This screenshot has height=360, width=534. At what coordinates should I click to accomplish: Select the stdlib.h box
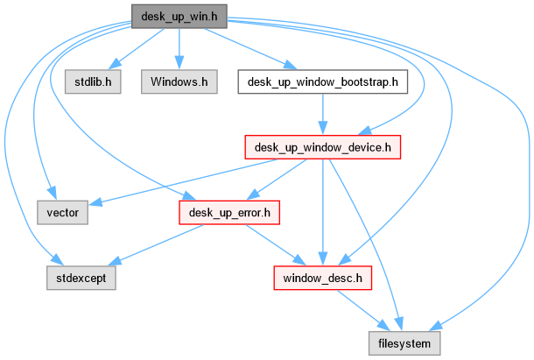pyautogui.click(x=92, y=82)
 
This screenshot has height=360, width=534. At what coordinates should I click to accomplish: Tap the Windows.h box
pyautogui.click(x=179, y=82)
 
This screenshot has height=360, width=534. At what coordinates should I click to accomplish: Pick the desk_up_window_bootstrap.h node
pyautogui.click(x=323, y=82)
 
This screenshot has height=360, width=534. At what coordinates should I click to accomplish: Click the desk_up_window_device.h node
pyautogui.click(x=323, y=147)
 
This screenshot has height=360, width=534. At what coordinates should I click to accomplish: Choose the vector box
pyautogui.click(x=62, y=213)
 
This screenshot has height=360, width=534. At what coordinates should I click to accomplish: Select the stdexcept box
pyautogui.click(x=80, y=279)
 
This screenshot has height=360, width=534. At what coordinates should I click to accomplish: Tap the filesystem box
pyautogui.click(x=404, y=343)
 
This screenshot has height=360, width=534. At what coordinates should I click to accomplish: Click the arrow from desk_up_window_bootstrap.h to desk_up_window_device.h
pyautogui.click(x=323, y=115)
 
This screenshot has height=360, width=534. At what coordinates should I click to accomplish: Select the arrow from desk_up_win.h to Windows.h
pyautogui.click(x=179, y=48)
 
